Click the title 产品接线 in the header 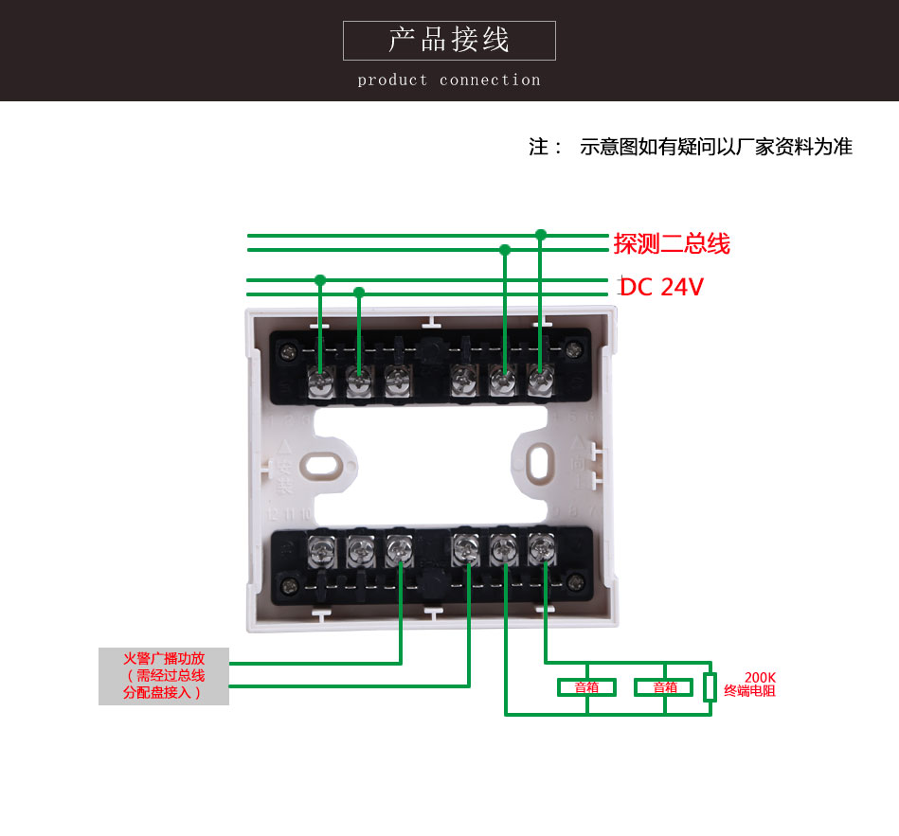[449, 40]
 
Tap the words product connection [449, 80]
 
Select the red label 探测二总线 [672, 243]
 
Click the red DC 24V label [662, 287]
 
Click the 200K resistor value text [760, 678]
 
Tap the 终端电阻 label [749, 691]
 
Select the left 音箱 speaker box [586, 687]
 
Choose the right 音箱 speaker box [665, 687]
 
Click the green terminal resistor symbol [710, 687]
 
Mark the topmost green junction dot [541, 234]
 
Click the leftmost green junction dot [320, 280]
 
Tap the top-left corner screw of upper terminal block [288, 352]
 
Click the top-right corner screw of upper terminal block [572, 350]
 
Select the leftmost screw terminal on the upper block [320, 381]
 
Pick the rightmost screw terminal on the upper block [540, 381]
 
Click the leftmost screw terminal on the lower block [320, 547]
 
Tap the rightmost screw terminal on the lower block [541, 545]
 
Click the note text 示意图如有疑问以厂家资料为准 [716, 147]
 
